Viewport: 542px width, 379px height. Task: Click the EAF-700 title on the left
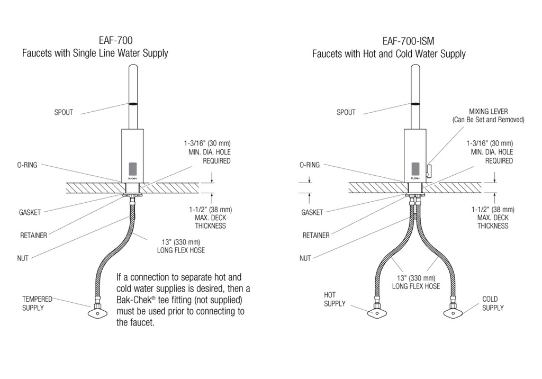(x=115, y=40)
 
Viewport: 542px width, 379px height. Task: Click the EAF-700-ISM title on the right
(x=408, y=41)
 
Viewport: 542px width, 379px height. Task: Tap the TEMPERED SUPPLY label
(x=37, y=303)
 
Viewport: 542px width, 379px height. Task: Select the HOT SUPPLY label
(x=335, y=299)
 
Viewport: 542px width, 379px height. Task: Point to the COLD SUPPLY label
(x=493, y=303)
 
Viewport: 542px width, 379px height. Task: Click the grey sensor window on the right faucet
(x=415, y=169)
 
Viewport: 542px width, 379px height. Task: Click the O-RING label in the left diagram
(x=28, y=165)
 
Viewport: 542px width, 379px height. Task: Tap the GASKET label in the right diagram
(x=312, y=212)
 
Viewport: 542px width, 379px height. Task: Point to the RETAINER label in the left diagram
(x=33, y=236)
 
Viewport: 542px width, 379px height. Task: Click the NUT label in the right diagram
(x=305, y=258)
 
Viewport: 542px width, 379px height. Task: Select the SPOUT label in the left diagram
(x=64, y=112)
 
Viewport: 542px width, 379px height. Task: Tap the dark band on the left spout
(x=133, y=103)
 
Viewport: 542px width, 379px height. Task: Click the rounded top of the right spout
(x=415, y=66)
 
